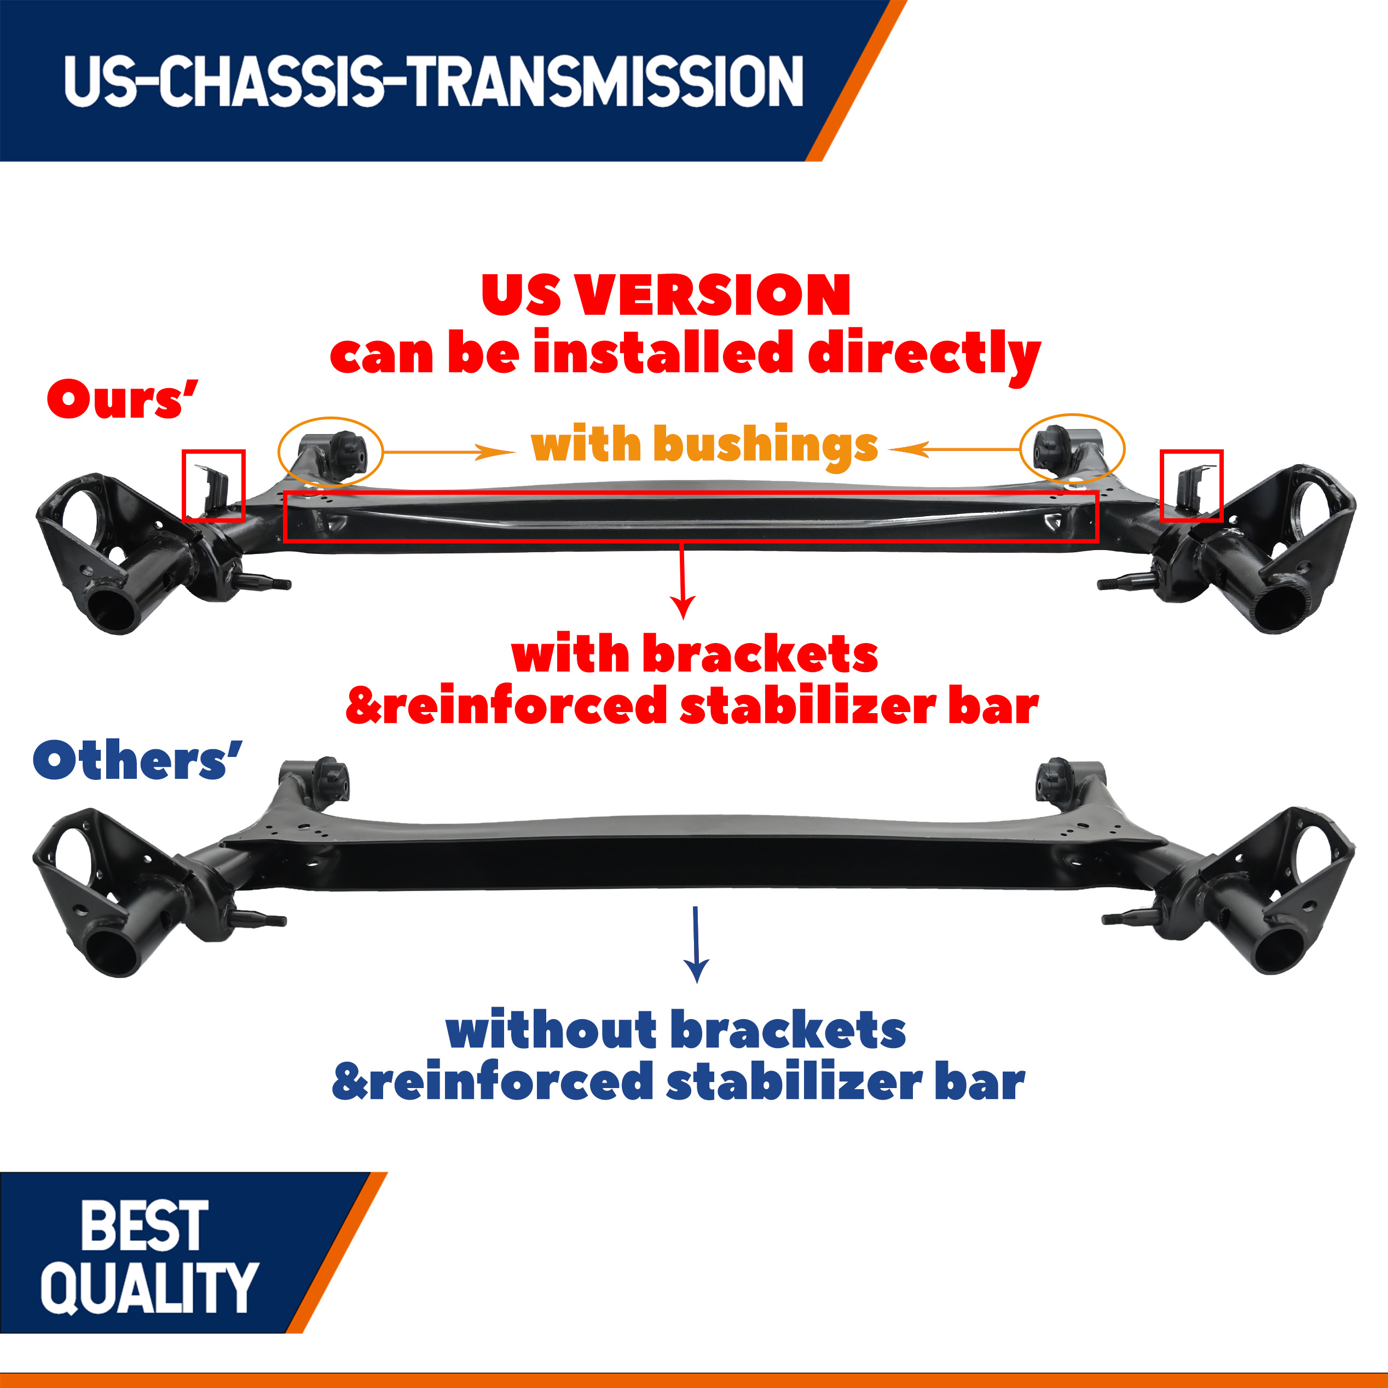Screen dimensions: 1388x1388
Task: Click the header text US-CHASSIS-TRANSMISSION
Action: [x=433, y=80]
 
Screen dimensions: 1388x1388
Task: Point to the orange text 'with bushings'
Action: [x=704, y=446]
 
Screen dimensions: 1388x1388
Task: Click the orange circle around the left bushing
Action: [x=279, y=451]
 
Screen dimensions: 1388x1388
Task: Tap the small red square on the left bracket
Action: [x=183, y=485]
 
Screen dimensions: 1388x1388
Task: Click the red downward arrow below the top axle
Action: [x=683, y=581]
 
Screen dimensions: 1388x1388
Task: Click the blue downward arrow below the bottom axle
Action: [x=696, y=945]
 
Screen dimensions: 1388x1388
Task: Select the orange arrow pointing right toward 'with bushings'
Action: [x=449, y=452]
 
